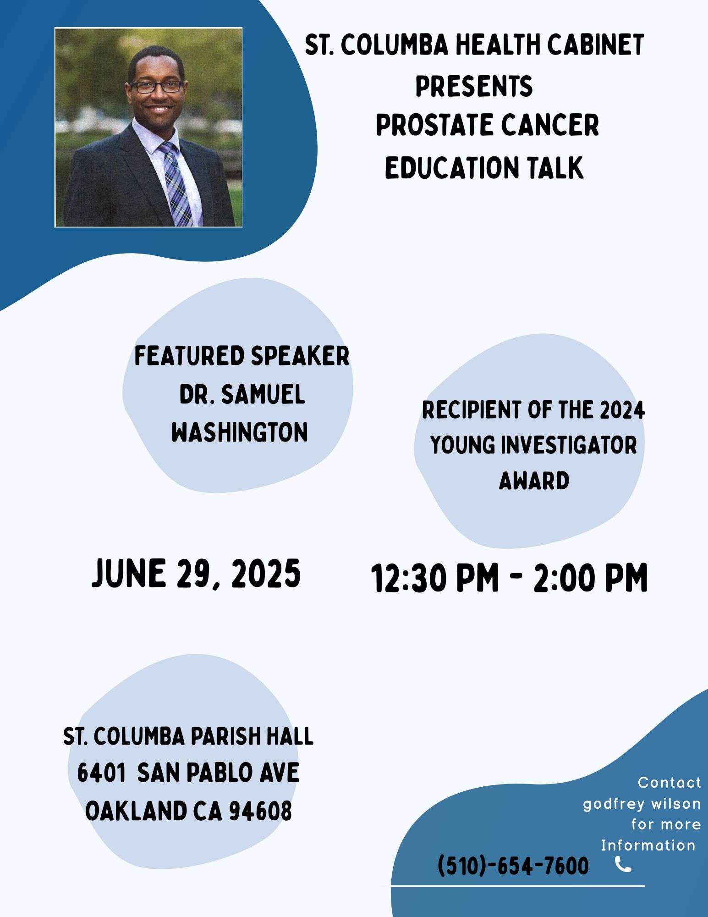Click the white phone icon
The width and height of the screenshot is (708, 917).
tap(623, 864)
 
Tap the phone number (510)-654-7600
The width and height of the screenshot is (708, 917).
tap(513, 866)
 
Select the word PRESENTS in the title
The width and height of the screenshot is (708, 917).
tap(474, 86)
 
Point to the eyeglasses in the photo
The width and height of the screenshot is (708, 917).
tap(156, 86)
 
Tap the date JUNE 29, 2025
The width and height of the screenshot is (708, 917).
tap(196, 574)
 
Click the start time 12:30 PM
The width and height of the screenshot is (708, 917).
tap(434, 578)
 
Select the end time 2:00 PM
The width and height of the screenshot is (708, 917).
tap(590, 578)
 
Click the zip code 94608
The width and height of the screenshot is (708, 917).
tap(260, 811)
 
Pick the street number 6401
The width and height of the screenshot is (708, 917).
tap(101, 773)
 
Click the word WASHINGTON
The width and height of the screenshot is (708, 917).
tap(240, 432)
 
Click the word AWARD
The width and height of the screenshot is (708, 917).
tap(534, 481)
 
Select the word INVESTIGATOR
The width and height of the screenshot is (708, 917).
tap(569, 445)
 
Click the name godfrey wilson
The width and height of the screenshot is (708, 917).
tap(642, 804)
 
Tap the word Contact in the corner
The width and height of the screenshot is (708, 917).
tap(670, 782)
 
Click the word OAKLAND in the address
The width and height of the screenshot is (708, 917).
tap(136, 811)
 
